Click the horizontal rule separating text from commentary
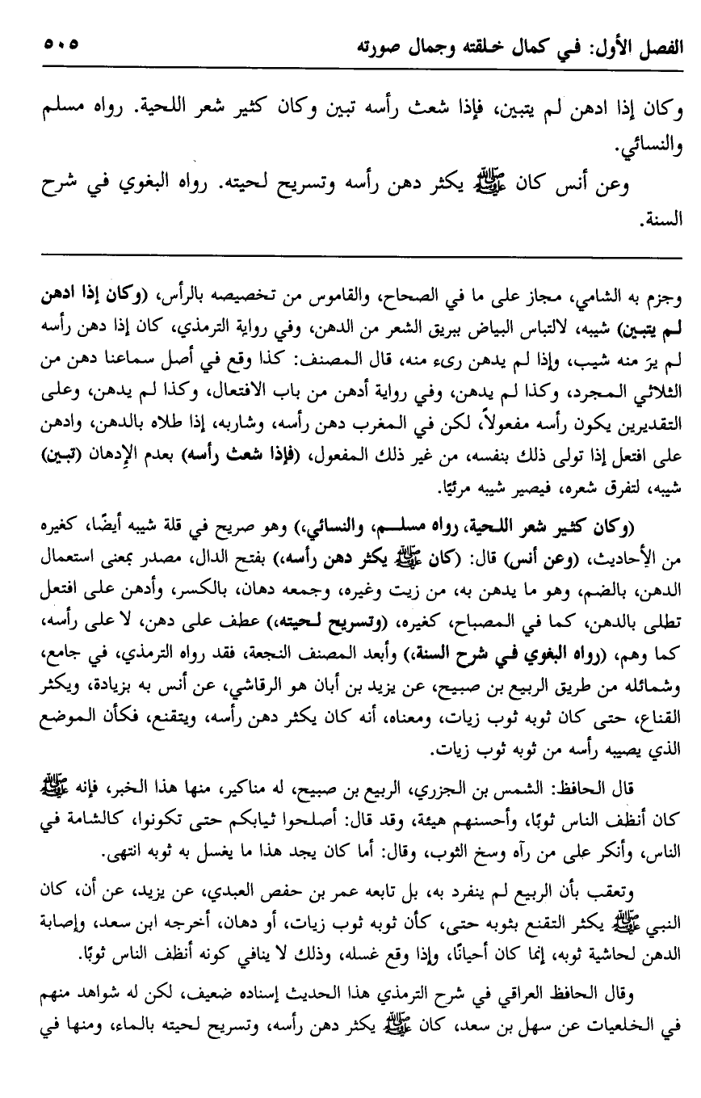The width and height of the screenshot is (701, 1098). click(x=350, y=257)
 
